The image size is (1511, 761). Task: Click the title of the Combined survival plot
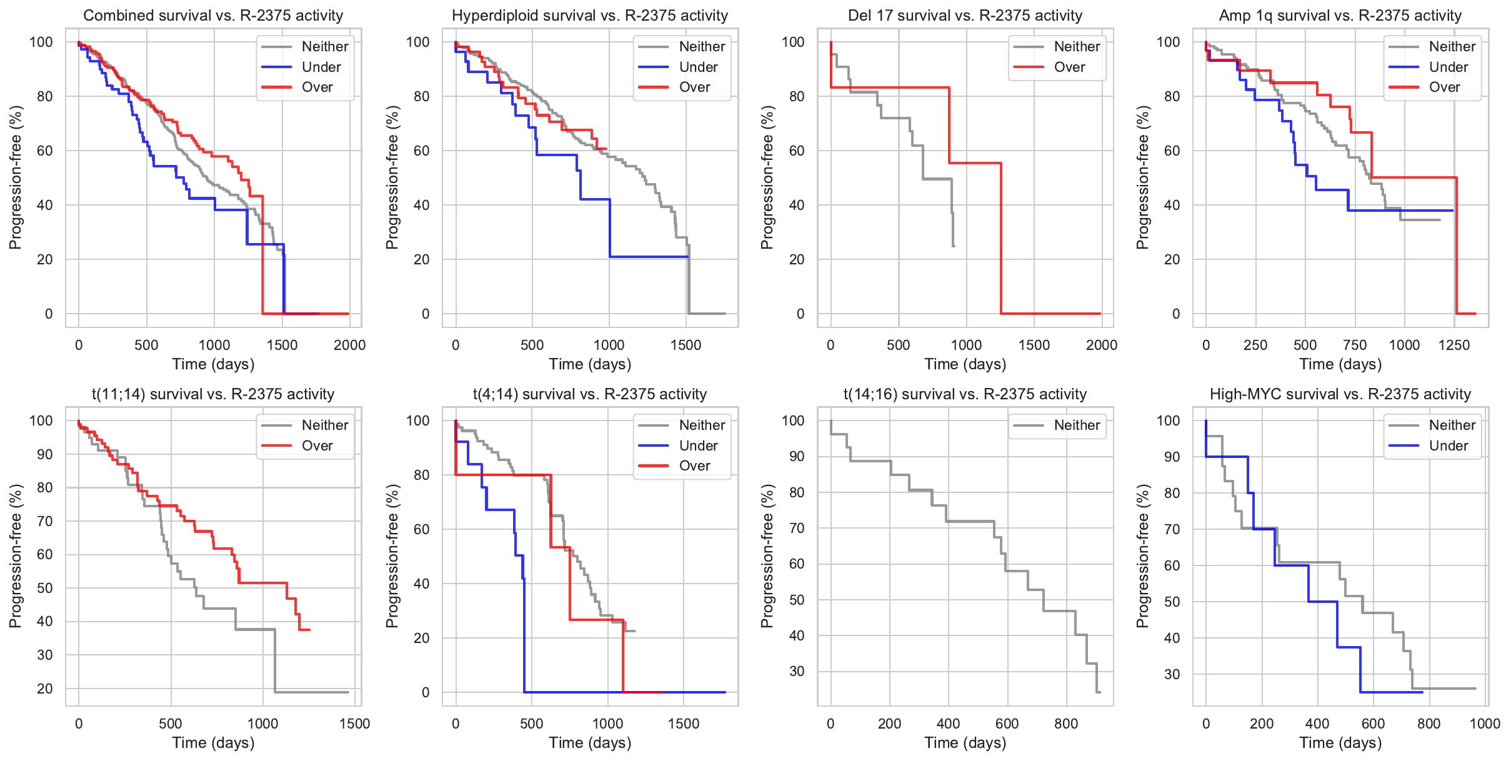point(213,16)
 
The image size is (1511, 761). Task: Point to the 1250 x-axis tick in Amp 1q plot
point(1454,345)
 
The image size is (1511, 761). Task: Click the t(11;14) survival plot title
point(213,394)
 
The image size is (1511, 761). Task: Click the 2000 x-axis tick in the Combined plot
point(349,345)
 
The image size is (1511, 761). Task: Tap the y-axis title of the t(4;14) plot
point(392,556)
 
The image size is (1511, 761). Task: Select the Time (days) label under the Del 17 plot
point(965,364)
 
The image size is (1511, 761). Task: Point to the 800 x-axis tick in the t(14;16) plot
point(1066,724)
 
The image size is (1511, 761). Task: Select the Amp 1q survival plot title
point(1340,16)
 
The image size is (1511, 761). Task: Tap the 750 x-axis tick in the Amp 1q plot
point(1355,345)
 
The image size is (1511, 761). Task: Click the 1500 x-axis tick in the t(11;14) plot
point(355,724)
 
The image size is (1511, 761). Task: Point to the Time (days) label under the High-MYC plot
point(1340,743)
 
